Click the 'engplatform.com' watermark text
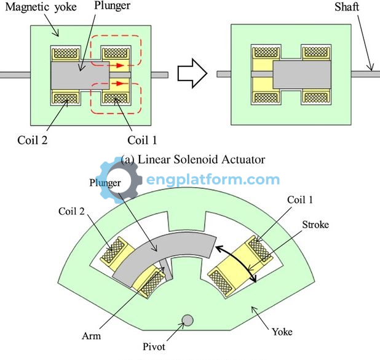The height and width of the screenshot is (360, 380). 213,180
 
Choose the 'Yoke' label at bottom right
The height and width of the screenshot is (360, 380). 282,332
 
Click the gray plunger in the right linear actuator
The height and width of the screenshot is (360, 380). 302,74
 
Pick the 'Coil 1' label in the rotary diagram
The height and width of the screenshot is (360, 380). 299,200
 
